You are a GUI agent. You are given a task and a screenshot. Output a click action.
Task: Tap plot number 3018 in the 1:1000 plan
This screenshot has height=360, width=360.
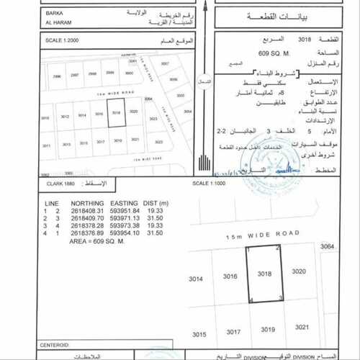coord(266,274)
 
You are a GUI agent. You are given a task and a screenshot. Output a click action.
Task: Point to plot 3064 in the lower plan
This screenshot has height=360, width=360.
coord(329,247)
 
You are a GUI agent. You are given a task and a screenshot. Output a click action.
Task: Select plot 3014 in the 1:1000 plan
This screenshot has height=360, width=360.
coord(196,278)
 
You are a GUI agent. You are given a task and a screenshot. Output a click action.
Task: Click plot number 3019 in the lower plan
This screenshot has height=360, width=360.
coord(268,330)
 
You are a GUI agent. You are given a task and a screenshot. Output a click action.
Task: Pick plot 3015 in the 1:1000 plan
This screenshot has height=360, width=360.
coord(199,334)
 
